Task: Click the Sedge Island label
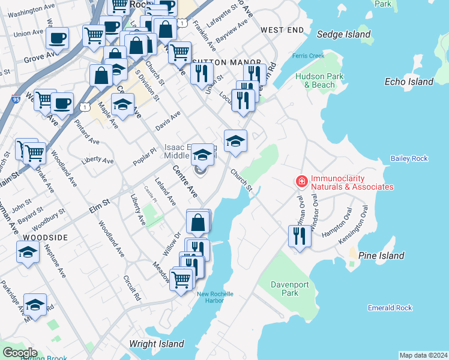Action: click(343, 35)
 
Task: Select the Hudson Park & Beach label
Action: click(319, 80)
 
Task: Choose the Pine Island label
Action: click(381, 256)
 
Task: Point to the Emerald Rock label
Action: click(390, 308)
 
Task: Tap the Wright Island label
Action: click(155, 344)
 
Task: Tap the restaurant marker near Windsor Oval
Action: click(300, 235)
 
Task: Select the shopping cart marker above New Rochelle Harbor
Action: click(181, 279)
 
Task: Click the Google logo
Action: click(20, 353)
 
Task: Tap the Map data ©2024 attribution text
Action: click(423, 355)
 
